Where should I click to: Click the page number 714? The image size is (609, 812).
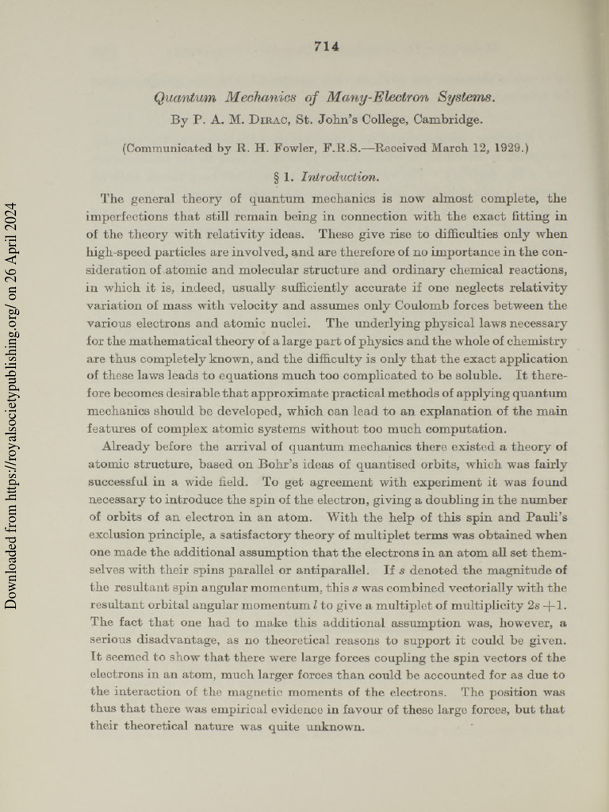click(327, 46)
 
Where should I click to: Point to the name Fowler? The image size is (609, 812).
click(316, 147)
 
